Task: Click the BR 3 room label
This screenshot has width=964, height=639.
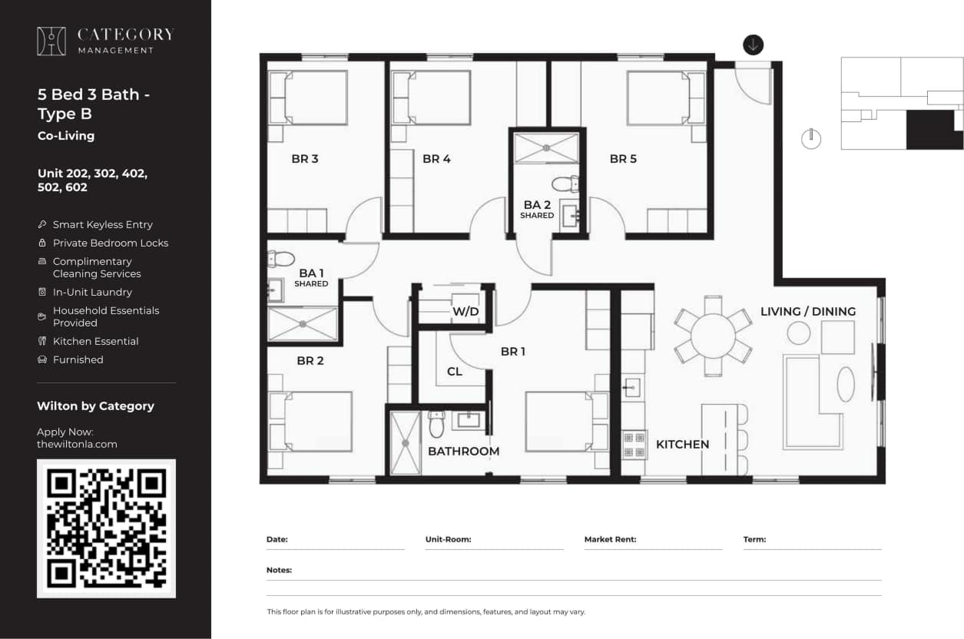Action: click(304, 159)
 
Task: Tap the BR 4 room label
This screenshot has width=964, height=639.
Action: click(436, 159)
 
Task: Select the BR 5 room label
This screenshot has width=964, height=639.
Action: click(623, 159)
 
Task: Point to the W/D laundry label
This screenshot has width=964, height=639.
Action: click(465, 312)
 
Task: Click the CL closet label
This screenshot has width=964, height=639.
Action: click(455, 372)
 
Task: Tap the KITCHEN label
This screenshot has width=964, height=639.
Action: click(682, 445)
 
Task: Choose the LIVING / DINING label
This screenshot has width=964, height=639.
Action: click(807, 311)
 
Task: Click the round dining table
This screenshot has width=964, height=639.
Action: click(713, 336)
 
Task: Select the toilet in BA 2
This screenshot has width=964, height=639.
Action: click(565, 184)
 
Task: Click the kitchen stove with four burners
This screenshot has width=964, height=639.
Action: click(634, 444)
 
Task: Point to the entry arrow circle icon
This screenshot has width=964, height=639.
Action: click(753, 45)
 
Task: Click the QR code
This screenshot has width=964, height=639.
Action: click(106, 528)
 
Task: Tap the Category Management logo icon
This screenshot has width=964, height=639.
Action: click(51, 41)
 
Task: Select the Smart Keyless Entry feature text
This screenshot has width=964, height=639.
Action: click(102, 224)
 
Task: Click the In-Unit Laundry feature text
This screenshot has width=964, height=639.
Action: click(92, 292)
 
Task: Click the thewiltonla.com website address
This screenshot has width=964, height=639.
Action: click(77, 444)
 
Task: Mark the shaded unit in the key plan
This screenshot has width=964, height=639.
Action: click(933, 130)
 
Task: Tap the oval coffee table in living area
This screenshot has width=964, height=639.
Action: click(845, 384)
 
